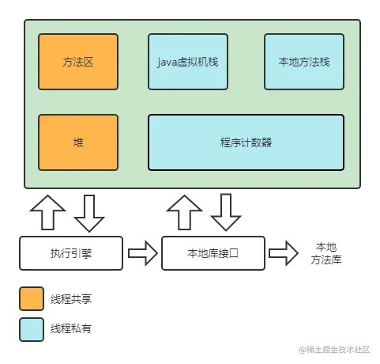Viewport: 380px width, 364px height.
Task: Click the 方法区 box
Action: pos(78,61)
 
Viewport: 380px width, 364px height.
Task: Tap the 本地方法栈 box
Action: pos(303,61)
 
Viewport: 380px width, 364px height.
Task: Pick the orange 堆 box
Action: pos(78,142)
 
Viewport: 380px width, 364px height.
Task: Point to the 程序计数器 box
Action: pos(246,142)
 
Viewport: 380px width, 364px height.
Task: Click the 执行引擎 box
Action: pos(71,254)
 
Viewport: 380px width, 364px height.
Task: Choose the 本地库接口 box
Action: pos(212,254)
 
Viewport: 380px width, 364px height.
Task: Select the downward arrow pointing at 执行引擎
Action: pos(89,211)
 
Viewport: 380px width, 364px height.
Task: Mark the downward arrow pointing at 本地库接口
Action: pos(228,211)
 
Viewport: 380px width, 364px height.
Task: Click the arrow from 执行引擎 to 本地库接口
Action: pos(142,254)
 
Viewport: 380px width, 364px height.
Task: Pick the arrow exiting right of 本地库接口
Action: pos(282,254)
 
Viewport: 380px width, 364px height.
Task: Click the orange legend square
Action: pos(32,298)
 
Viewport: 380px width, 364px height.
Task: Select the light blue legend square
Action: pos(32,328)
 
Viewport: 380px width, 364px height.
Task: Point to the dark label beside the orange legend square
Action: pos(73,298)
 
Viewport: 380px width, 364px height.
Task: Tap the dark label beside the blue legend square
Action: pos(73,328)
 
